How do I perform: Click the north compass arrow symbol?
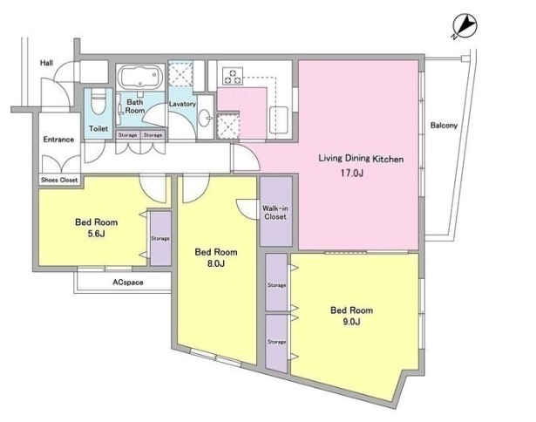point(465,25)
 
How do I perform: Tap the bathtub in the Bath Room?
point(139,76)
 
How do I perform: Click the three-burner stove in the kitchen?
point(233,76)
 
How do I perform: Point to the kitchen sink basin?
point(279,119)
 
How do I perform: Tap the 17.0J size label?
point(352,173)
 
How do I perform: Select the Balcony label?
point(444,126)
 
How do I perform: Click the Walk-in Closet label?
point(275,213)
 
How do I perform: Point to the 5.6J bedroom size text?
point(97,234)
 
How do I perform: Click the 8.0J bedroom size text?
point(216,263)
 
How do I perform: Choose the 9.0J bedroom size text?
point(352,322)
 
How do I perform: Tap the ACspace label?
point(128,282)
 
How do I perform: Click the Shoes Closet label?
point(59,180)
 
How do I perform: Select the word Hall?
point(46,63)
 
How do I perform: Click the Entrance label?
point(58,140)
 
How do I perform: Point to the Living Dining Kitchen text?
point(361,159)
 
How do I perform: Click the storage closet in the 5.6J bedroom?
point(160,238)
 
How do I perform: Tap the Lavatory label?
point(182,104)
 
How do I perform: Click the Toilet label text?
point(98,128)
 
